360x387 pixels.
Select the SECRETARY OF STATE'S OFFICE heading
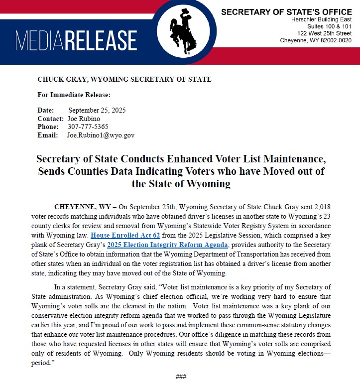tap(286, 12)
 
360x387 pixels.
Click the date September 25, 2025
tap(97, 110)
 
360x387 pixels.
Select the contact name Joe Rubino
tap(83, 119)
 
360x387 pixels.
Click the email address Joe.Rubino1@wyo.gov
tap(101, 135)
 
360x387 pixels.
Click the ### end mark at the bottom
tap(180, 377)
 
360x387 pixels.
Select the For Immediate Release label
tap(74, 95)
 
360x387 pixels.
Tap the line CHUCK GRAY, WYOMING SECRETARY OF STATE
tap(124, 79)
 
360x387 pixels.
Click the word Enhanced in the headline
tap(186, 160)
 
